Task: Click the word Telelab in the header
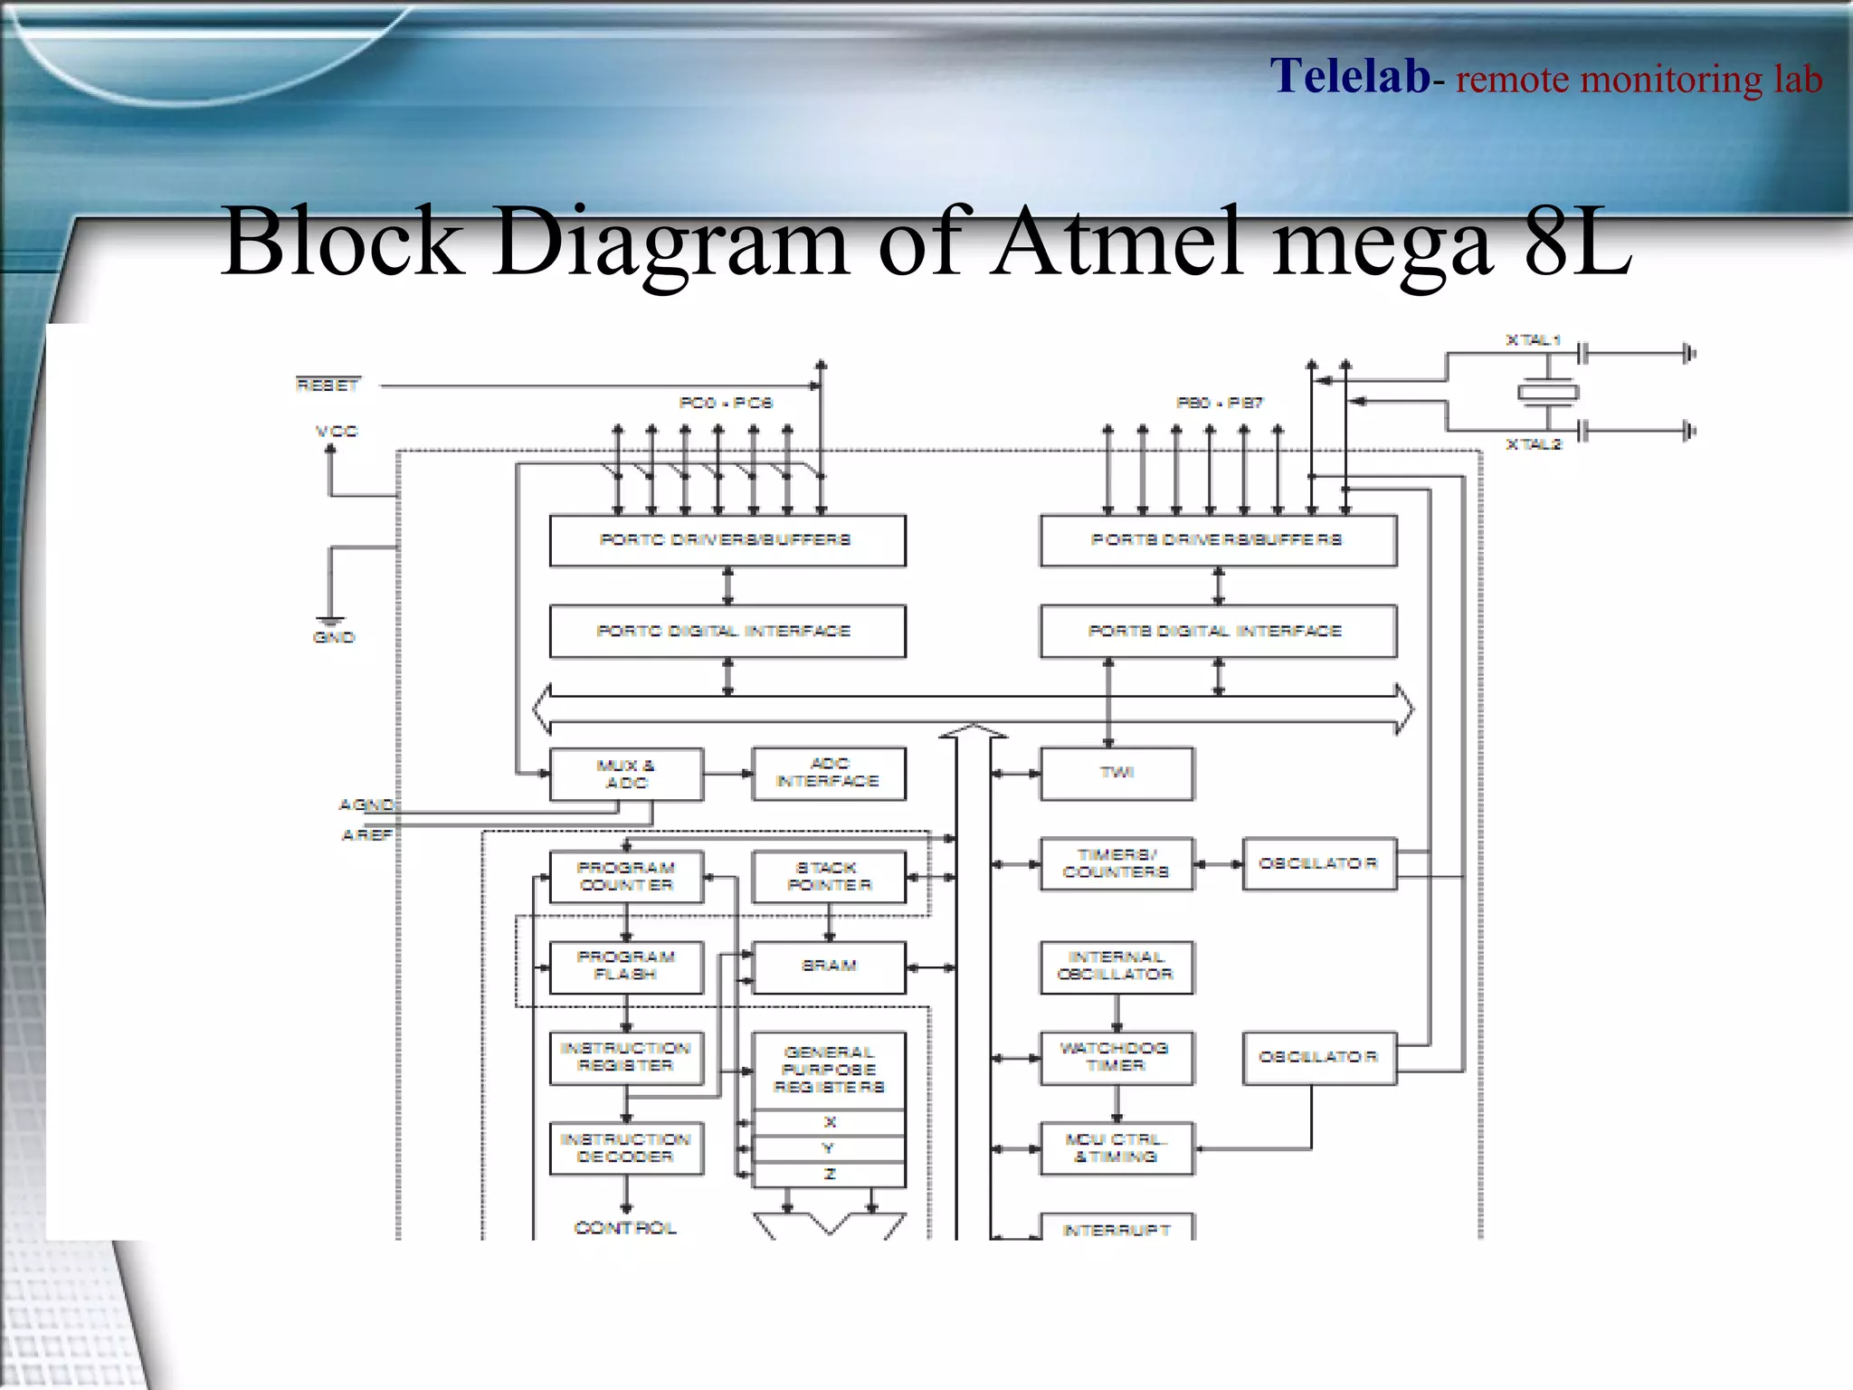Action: pos(1349,76)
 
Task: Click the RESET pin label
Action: pos(328,386)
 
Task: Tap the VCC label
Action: pos(336,432)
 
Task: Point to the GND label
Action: pos(333,637)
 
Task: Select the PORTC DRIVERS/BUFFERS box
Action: pos(727,540)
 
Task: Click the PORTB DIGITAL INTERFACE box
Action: pos(1217,631)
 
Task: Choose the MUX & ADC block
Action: pos(625,775)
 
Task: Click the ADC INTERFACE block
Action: pos(828,773)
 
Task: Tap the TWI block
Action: pos(1117,773)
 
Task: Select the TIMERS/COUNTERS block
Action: pos(1116,863)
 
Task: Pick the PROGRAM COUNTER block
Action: pos(625,876)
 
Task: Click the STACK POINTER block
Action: pos(828,876)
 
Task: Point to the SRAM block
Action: pos(828,966)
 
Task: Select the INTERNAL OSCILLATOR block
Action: pos(1116,966)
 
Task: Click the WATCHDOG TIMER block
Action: pos(1116,1057)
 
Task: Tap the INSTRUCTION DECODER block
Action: pos(625,1147)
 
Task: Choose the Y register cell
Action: pos(828,1148)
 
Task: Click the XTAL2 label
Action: pos(1533,444)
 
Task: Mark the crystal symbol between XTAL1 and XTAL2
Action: pos(1547,392)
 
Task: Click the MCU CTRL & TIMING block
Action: pos(1116,1147)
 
